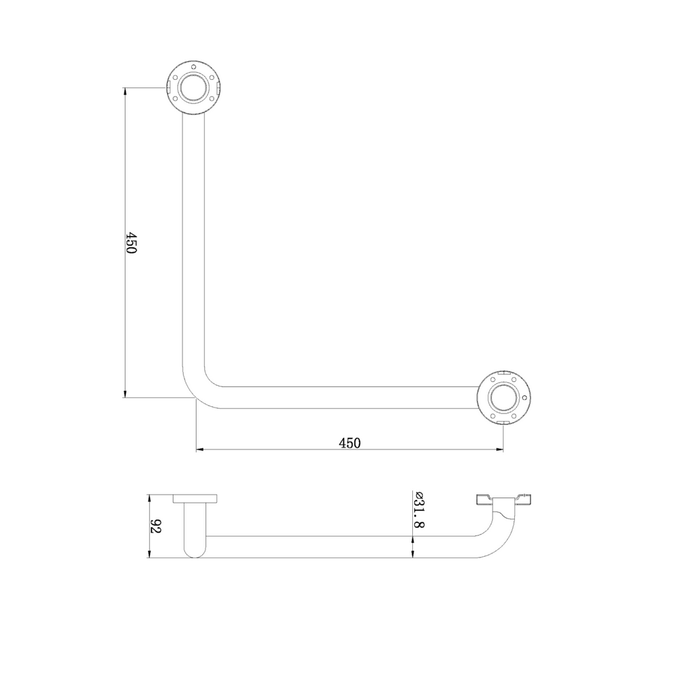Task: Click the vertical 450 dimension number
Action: tap(132, 243)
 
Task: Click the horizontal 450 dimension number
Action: tap(349, 443)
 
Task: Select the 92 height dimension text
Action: tap(156, 526)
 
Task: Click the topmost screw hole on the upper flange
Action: tap(194, 67)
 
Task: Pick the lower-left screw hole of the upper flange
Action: tap(176, 99)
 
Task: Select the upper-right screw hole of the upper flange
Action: tap(212, 77)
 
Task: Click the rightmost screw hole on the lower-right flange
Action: tap(524, 397)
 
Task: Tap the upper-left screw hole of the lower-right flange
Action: tap(493, 380)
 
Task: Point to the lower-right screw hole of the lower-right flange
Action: tap(514, 416)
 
